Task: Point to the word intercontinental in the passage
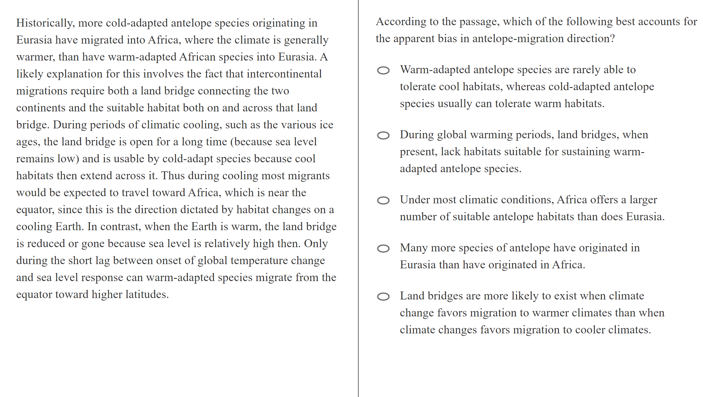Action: pos(284,74)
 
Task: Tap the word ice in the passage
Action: pos(326,125)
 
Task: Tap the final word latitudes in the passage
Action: pos(147,295)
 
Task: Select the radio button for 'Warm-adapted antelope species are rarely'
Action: pos(383,70)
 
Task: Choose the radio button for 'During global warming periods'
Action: pos(383,135)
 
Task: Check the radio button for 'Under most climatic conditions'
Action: pos(383,200)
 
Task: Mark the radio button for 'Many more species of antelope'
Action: pos(383,249)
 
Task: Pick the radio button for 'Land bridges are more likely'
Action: pos(383,297)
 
